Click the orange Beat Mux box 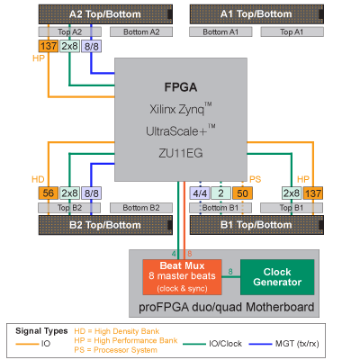click(182, 277)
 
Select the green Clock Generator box click(277, 277)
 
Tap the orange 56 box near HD click(49, 193)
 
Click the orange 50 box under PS click(242, 193)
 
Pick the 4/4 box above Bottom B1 click(200, 193)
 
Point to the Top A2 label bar click(69, 31)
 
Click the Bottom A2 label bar click(141, 31)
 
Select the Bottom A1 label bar click(220, 31)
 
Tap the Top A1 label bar click(292, 31)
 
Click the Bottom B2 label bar click(141, 208)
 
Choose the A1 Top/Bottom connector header click(256, 14)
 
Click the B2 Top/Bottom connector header click(105, 225)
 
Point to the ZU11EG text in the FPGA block click(181, 153)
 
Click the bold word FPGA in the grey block click(181, 87)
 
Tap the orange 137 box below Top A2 click(49, 46)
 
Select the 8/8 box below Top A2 click(92, 46)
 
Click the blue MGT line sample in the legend click(260, 344)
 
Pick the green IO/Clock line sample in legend click(194, 344)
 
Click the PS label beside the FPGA click(255, 179)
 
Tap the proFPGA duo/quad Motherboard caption click(227, 307)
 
